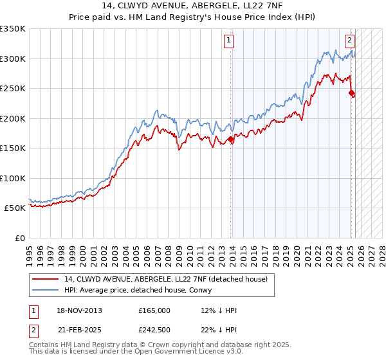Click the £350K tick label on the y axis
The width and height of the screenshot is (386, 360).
(13, 29)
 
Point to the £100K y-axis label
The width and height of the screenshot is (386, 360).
(13, 178)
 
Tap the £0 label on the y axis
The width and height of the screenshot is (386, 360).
(20, 238)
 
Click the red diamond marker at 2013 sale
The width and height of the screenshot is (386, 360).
(231, 139)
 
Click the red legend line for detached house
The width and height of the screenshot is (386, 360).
(44, 279)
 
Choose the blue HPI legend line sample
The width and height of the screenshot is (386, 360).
(44, 290)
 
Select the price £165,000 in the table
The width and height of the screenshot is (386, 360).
(154, 310)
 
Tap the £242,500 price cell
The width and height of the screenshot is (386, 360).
(154, 329)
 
